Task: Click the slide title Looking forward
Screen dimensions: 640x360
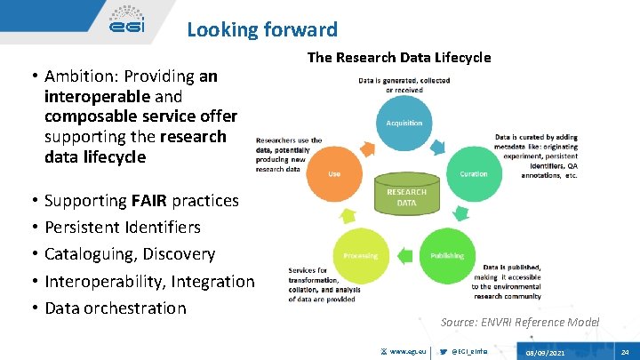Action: point(262,29)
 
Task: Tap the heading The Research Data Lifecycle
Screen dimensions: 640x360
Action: point(399,57)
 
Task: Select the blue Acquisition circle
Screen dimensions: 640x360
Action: point(404,123)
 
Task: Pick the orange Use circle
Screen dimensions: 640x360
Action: point(334,174)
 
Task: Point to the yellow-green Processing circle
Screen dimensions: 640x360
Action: point(360,255)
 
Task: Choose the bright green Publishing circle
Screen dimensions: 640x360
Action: point(447,255)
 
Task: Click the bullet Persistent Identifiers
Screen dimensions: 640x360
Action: point(123,227)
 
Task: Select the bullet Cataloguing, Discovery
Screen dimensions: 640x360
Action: point(130,254)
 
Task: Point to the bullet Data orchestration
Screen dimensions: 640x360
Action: point(116,308)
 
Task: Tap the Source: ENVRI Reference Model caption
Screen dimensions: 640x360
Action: point(520,322)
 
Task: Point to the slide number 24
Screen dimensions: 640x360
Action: point(625,351)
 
